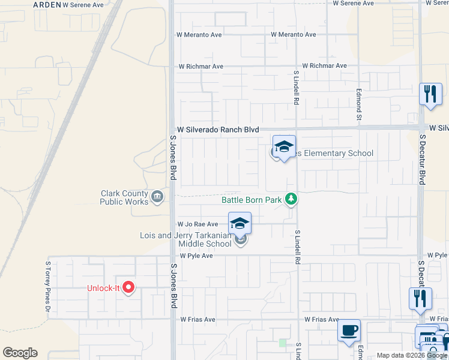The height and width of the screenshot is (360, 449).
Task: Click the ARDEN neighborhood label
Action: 47,4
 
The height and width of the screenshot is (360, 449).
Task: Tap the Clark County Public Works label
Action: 124,197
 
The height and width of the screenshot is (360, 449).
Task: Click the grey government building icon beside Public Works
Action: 157,196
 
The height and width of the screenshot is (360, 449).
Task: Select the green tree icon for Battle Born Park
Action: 291,199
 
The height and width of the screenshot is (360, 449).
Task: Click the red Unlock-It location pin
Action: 127,287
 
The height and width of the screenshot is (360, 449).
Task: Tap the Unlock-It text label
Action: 103,289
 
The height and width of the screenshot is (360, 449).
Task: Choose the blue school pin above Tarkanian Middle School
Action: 240,223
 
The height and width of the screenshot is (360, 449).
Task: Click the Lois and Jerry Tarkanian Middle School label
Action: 186,239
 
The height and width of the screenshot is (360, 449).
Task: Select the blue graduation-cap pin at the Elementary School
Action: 284,146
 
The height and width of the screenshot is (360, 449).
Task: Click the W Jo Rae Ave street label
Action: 197,224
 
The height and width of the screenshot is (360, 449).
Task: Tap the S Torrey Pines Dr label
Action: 47,286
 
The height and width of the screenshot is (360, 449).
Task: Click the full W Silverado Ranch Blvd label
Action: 218,130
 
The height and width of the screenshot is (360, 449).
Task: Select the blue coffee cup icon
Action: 349,331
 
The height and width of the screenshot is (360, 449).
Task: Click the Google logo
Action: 20,353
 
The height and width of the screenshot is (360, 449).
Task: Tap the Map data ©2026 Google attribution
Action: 411,355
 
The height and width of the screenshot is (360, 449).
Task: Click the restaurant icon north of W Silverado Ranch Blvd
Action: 430,94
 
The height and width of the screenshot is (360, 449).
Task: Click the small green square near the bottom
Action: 283,343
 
